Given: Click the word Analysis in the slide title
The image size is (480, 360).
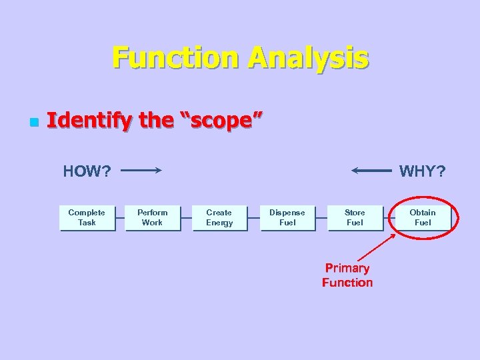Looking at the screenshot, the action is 307,58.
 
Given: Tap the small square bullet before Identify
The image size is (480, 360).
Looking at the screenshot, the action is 33,123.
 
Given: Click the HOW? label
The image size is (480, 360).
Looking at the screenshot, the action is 87,171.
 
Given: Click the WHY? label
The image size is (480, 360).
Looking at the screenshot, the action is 422,171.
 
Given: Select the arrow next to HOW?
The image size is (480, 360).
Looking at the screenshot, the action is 141,171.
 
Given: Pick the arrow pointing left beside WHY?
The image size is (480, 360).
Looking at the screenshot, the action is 371,171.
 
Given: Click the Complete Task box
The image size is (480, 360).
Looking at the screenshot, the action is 87,217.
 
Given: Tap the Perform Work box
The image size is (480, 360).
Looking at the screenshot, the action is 153,217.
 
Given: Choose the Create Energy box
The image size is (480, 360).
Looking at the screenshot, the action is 219,217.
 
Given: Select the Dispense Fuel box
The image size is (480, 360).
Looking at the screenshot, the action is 287,217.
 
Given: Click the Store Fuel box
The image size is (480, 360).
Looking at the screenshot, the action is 355,217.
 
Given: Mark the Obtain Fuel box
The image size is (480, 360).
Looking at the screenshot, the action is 423,217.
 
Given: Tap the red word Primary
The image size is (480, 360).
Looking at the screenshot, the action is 347,268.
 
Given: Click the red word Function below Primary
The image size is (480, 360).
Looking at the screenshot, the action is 347,283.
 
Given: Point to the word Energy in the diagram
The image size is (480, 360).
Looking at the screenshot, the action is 219,223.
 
